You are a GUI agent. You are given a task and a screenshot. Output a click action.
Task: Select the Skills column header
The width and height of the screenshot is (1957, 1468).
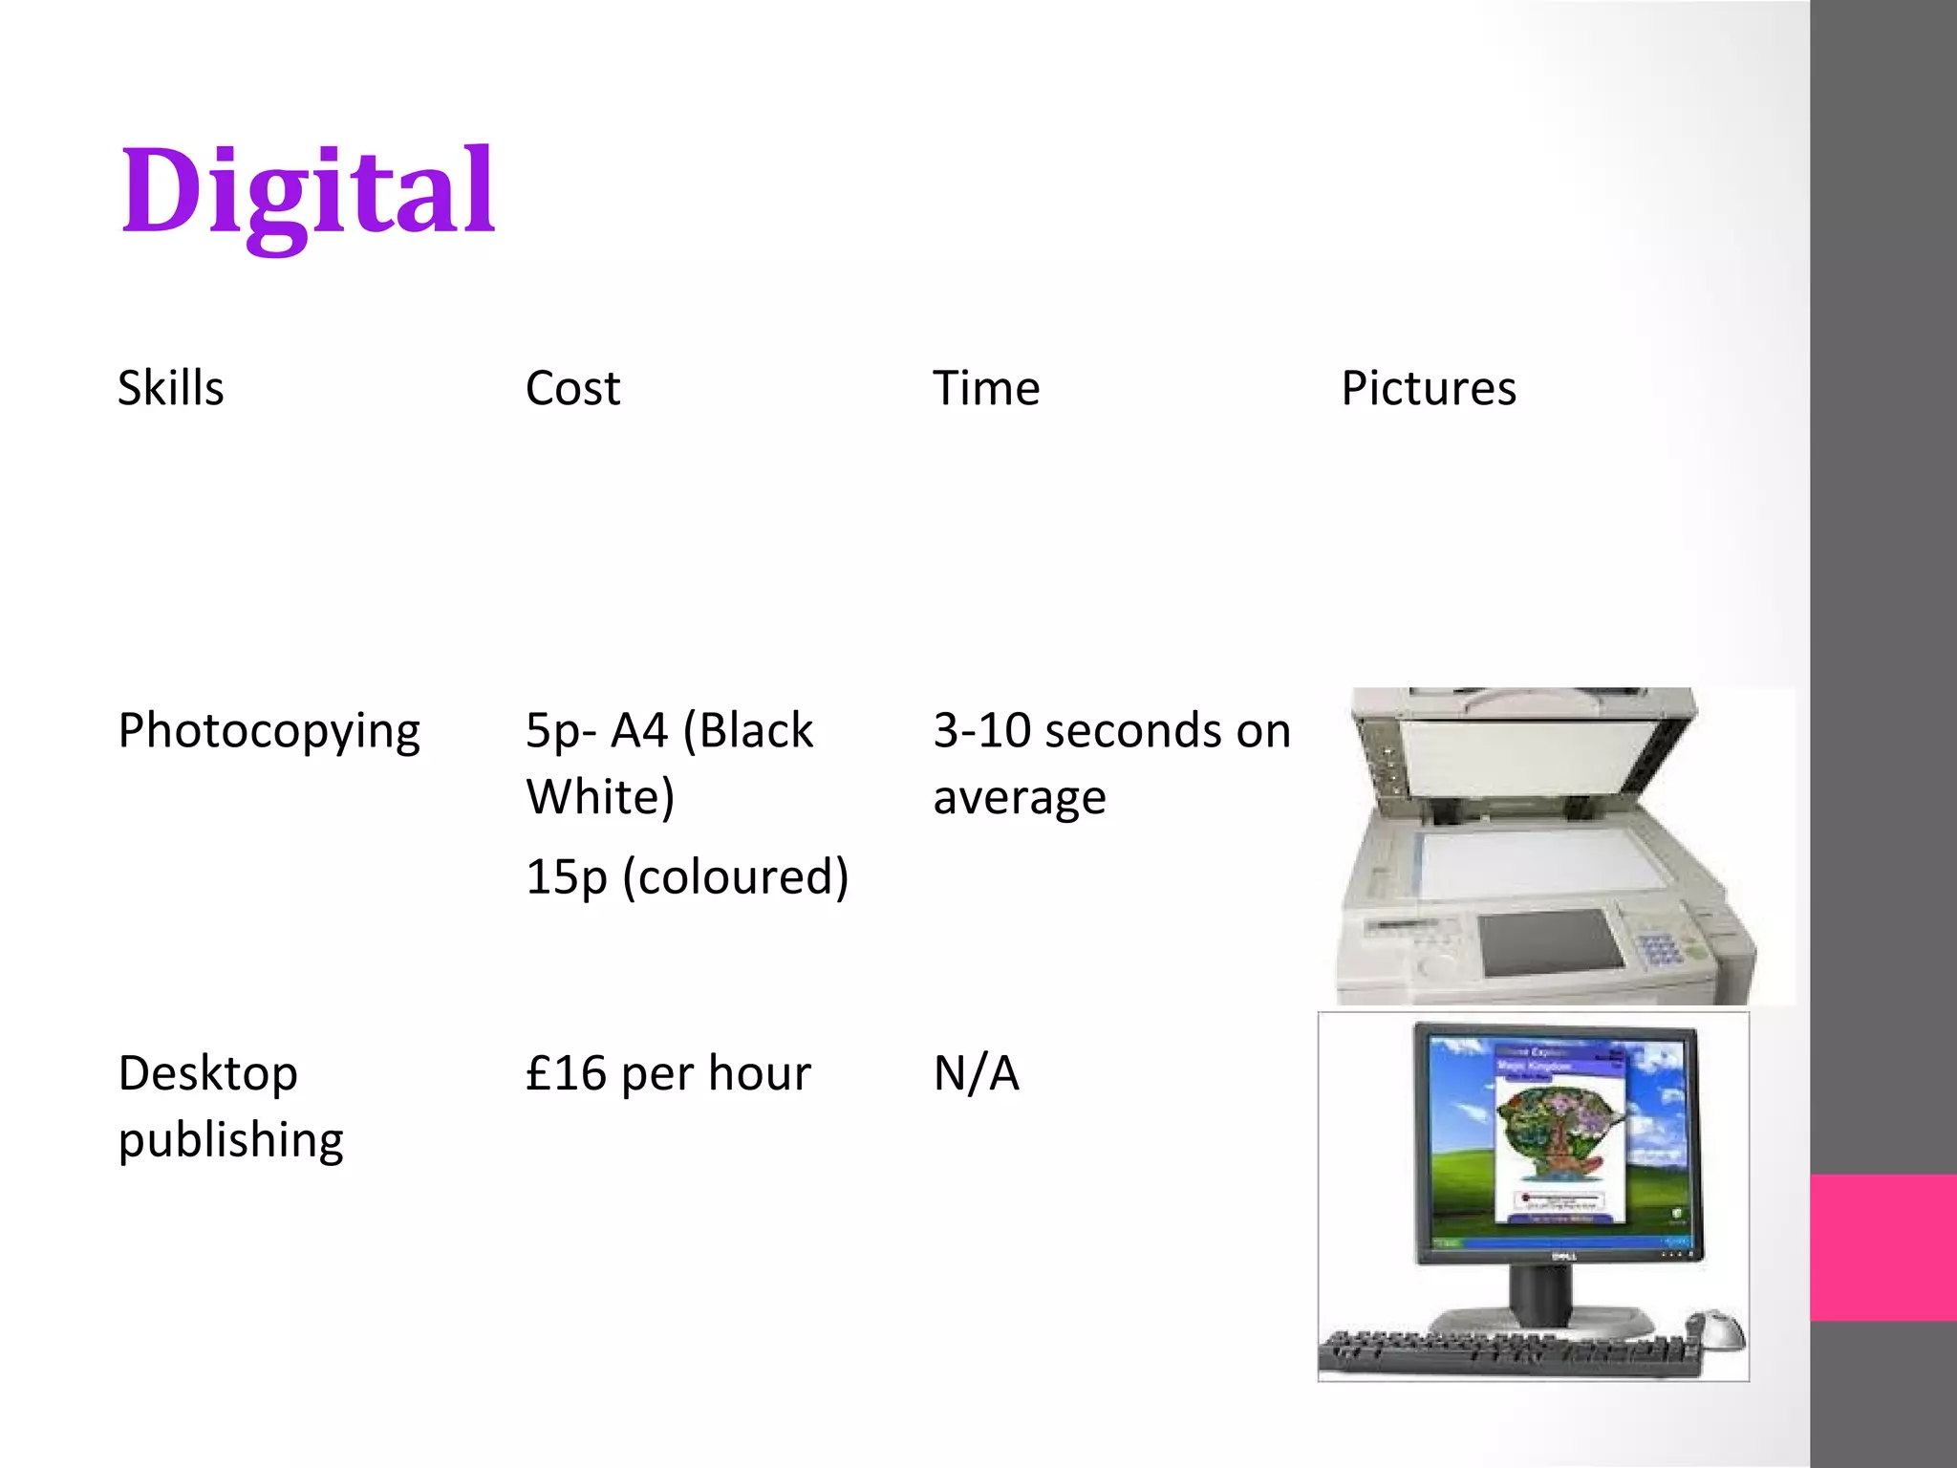pyautogui.click(x=170, y=388)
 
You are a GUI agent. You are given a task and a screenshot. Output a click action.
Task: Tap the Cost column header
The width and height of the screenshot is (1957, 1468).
pyautogui.click(x=572, y=388)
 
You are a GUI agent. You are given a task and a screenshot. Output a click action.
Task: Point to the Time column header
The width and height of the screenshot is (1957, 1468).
pyautogui.click(x=986, y=388)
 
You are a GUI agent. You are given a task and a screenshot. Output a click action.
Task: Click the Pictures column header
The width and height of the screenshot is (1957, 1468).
pyautogui.click(x=1429, y=388)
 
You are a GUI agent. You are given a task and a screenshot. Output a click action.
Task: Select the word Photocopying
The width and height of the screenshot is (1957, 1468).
pyautogui.click(x=269, y=732)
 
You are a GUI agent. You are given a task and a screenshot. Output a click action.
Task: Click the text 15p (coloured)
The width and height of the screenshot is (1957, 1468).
pyautogui.click(x=687, y=876)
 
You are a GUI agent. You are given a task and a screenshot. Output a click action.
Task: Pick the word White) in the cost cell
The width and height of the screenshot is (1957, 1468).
pyautogui.click(x=600, y=797)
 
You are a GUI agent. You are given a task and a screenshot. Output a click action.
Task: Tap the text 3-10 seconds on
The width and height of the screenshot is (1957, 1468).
pyautogui.click(x=1111, y=731)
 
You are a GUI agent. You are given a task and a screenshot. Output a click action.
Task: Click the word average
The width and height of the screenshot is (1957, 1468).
pyautogui.click(x=1020, y=798)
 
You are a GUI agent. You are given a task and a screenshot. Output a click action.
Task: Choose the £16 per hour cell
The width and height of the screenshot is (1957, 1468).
pyautogui.click(x=668, y=1073)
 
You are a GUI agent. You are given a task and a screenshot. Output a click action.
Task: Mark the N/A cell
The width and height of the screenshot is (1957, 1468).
pyautogui.click(x=976, y=1073)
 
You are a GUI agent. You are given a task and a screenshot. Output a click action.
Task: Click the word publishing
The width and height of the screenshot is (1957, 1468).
pyautogui.click(x=230, y=1140)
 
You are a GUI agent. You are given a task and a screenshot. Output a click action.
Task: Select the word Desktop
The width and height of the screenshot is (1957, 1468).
pyautogui.click(x=207, y=1073)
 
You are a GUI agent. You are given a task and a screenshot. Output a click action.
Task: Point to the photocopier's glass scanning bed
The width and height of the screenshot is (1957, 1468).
pyautogui.click(x=1548, y=864)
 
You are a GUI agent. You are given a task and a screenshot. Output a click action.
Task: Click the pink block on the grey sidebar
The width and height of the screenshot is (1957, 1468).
pyautogui.click(x=1883, y=1247)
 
